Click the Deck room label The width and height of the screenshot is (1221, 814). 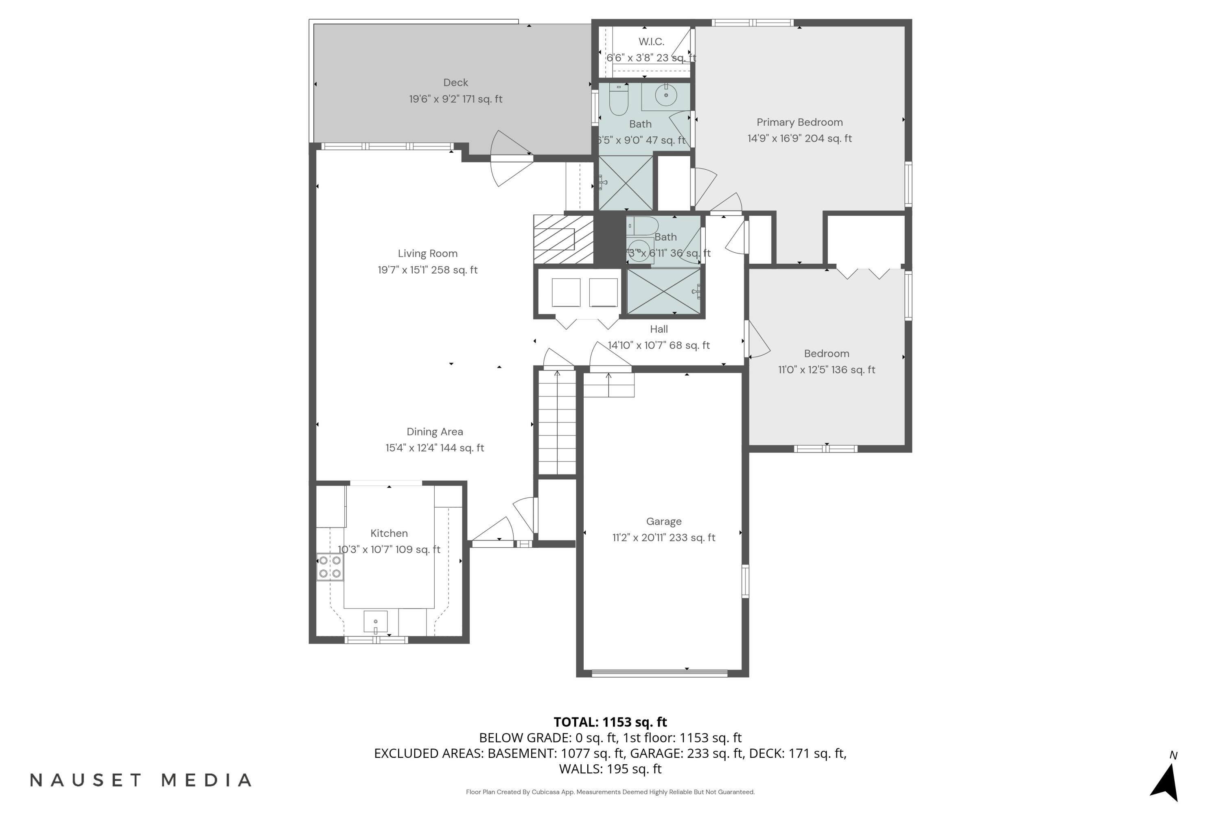455,83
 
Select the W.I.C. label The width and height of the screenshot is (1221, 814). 651,42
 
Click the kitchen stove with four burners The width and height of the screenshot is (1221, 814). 330,567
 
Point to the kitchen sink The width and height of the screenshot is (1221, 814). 375,621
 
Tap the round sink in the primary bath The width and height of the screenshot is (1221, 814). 665,96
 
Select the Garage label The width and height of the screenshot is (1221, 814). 663,521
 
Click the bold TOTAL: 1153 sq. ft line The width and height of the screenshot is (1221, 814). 610,722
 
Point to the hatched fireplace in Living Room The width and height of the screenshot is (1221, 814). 563,239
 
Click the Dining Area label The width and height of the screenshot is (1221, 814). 435,431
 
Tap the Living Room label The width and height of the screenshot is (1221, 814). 427,253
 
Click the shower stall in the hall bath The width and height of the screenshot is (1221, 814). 664,291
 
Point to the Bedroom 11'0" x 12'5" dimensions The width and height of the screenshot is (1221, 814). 826,370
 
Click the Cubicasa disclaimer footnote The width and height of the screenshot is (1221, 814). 610,792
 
